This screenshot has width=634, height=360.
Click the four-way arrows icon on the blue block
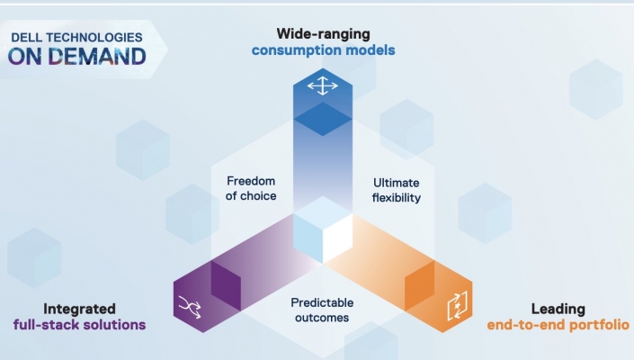point(323,85)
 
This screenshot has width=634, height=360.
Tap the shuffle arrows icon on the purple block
point(190,307)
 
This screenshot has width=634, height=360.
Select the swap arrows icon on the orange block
point(458,306)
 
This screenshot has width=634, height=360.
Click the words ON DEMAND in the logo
point(76,56)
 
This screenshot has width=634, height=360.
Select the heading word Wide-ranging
point(323,34)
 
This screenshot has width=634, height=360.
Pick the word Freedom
point(251,181)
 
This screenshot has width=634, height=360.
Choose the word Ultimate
point(396,183)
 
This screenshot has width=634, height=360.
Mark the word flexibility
point(397,198)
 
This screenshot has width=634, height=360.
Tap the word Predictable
point(322,302)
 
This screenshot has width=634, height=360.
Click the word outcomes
point(322,318)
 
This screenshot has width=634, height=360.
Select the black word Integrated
point(79,309)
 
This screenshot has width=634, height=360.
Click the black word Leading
point(558,309)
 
